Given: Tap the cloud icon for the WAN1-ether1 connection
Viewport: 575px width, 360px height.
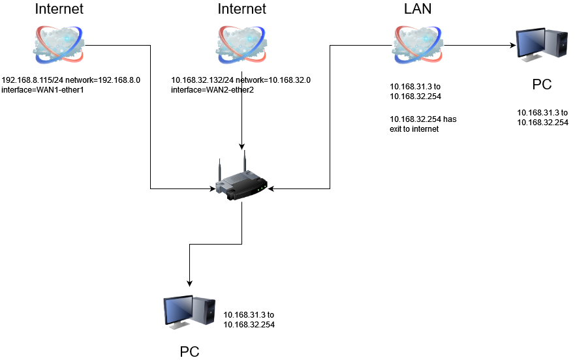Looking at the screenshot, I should pyautogui.click(x=60, y=44).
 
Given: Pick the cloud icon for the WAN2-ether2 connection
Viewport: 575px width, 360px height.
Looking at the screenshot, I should pyautogui.click(x=242, y=44).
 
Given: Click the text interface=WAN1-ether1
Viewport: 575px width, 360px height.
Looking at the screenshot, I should pyautogui.click(x=43, y=89).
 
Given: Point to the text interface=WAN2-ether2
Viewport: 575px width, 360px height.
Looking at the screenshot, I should pyautogui.click(x=212, y=89).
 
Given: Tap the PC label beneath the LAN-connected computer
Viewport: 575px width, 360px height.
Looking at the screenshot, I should pyautogui.click(x=542, y=85).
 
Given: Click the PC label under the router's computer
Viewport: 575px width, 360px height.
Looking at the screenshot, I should pyautogui.click(x=189, y=352).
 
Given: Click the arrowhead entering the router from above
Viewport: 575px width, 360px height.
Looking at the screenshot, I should pyautogui.click(x=242, y=147).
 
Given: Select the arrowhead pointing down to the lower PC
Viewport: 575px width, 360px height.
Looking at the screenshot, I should pyautogui.click(x=189, y=284).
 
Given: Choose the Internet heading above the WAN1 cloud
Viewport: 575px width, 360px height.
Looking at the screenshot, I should pyautogui.click(x=59, y=9).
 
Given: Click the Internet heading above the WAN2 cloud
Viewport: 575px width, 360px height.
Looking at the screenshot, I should pyautogui.click(x=241, y=9).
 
